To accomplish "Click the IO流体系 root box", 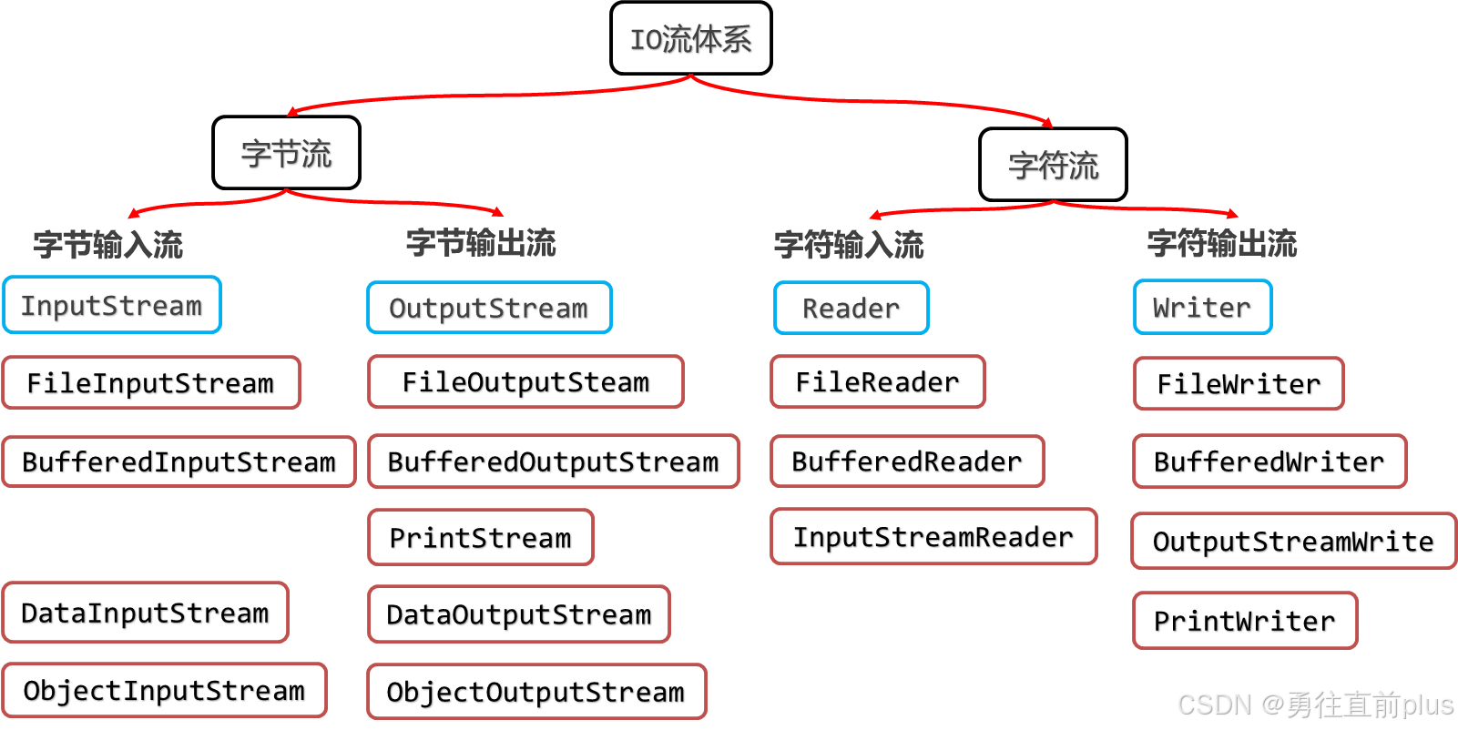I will point(690,38).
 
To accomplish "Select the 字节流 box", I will point(286,153).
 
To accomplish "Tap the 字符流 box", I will point(1053,165).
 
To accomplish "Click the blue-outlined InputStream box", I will point(112,305).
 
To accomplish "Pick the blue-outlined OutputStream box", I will point(489,308).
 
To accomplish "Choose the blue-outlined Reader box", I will point(851,308).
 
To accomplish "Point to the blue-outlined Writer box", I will point(1202,307).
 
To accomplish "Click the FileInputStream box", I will point(151,382).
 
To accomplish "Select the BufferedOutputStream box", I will point(553,461).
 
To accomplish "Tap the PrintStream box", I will point(481,537).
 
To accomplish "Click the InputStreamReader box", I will point(933,536).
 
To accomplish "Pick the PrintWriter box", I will point(1245,621).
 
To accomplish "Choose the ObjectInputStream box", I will point(164,690).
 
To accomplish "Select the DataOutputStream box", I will point(519,614).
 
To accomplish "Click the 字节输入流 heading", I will point(107,244).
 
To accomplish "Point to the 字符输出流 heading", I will point(1221,243).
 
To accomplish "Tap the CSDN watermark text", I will point(1313,704).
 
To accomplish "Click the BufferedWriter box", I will point(1269,461).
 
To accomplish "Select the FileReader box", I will point(878,381).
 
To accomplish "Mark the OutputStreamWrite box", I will point(1293,541).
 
